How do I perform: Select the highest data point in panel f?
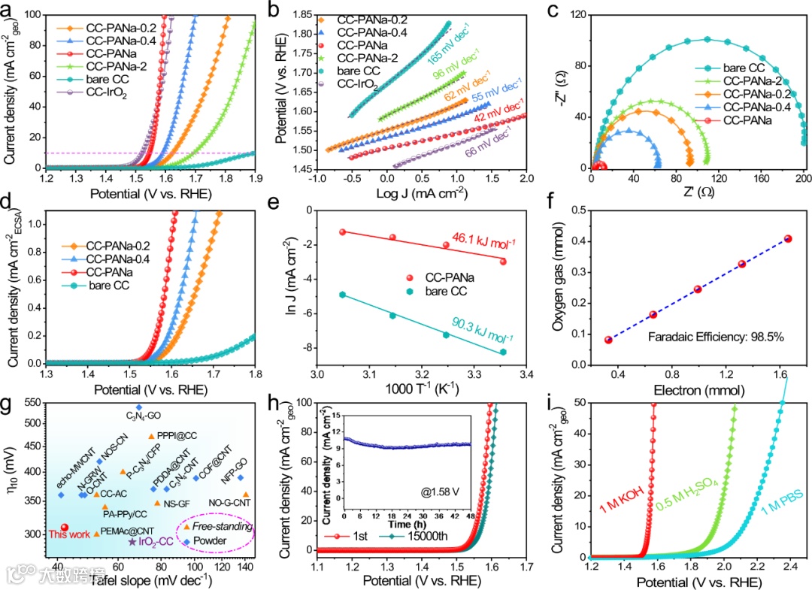(x=788, y=239)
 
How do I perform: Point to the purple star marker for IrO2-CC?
(x=132, y=541)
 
